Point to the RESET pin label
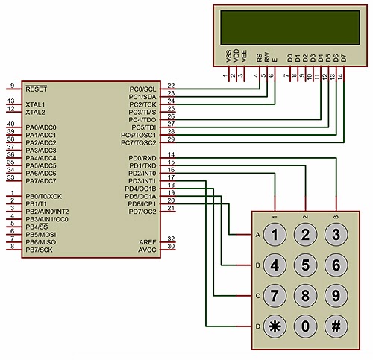[36, 88]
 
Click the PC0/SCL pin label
[142, 89]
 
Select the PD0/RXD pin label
[142, 158]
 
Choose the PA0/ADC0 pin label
[41, 127]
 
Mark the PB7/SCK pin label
[40, 250]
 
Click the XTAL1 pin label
[35, 104]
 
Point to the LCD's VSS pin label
[228, 57]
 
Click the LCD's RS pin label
[258, 57]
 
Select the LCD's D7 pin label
[343, 57]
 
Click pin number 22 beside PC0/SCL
[171, 86]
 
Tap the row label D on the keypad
[257, 326]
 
